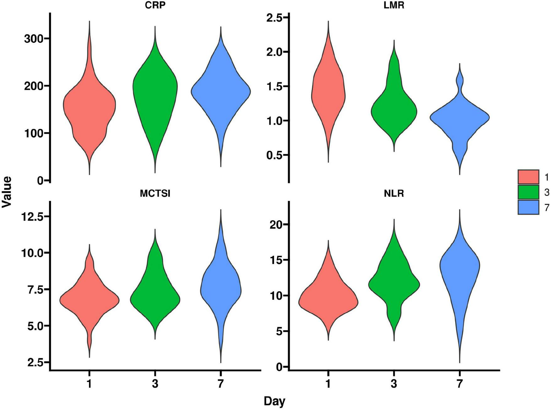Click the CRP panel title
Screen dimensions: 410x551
155,6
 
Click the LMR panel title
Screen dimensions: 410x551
394,6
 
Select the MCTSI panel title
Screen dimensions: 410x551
155,193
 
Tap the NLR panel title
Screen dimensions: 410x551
394,193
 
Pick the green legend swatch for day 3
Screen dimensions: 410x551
528,192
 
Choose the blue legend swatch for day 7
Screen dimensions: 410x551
528,207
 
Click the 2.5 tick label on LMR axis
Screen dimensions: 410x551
274,18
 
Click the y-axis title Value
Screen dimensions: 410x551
7,192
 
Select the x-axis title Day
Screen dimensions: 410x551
274,401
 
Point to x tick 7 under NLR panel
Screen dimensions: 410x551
460,384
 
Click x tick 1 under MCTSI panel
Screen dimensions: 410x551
89,384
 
